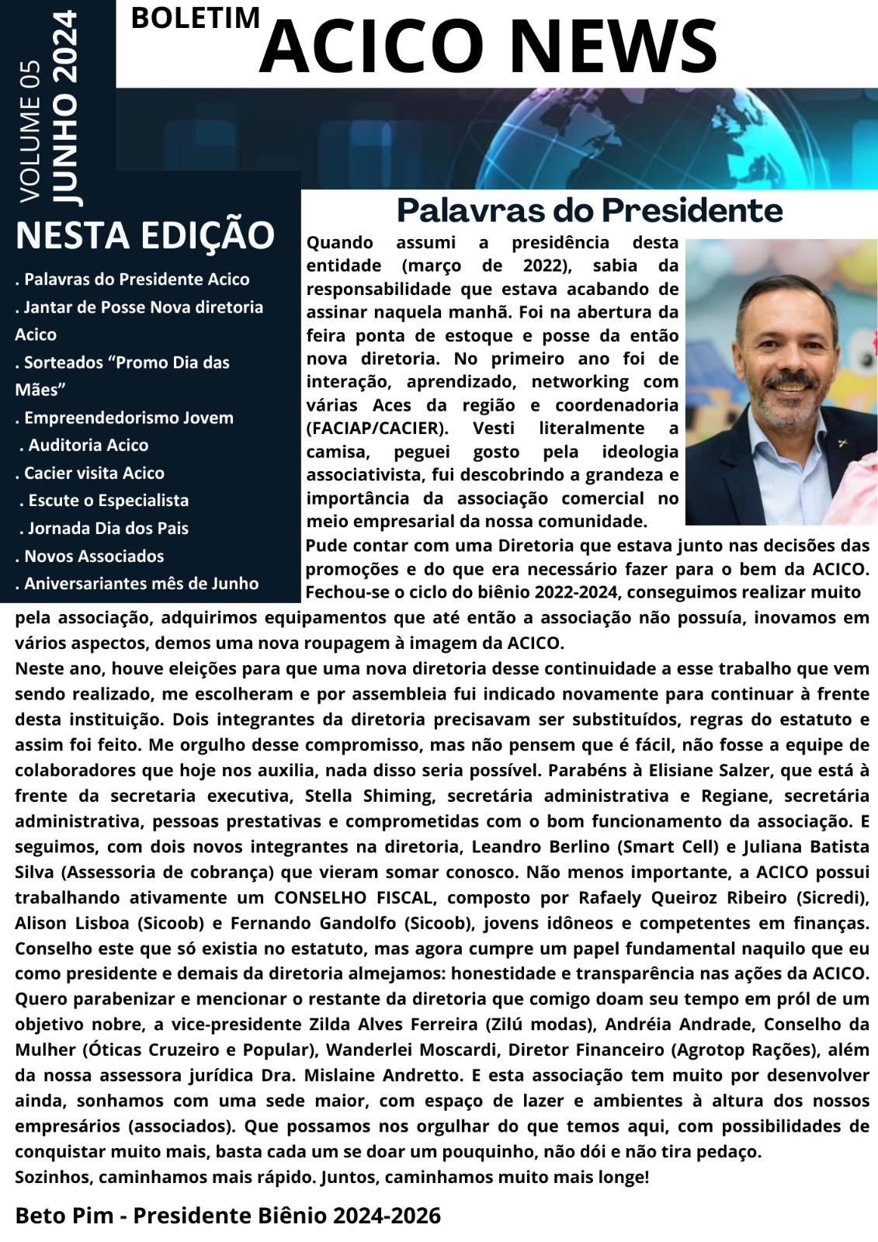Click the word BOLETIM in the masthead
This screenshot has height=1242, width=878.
coord(195,18)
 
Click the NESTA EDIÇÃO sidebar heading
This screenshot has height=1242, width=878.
coord(145,235)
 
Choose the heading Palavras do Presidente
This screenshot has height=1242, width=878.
coord(589,210)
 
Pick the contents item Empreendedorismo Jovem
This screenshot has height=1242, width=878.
coord(128,418)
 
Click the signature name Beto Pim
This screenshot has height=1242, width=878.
coord(64,1216)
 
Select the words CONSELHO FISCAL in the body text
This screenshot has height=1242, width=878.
coord(352,897)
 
